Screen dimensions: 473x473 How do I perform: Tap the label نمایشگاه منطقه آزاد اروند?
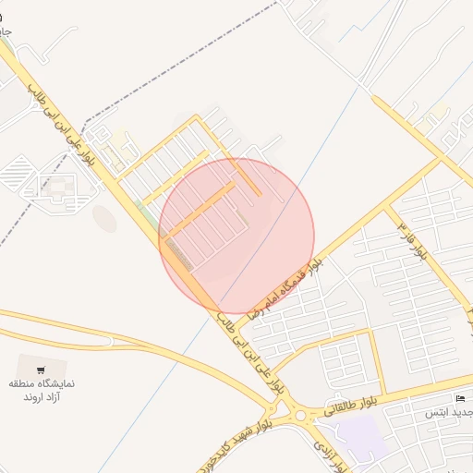(x=42, y=389)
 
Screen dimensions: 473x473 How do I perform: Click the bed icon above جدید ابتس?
(x=460, y=398)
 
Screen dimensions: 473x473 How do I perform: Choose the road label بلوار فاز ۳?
(x=412, y=239)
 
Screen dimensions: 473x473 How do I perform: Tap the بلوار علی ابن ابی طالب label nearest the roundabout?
(x=248, y=357)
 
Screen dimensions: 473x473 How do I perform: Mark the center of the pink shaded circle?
(x=236, y=236)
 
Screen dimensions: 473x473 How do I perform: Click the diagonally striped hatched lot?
(x=18, y=171)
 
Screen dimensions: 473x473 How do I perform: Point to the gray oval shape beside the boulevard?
(x=104, y=219)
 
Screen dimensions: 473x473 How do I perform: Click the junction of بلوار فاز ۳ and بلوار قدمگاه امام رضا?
(x=439, y=159)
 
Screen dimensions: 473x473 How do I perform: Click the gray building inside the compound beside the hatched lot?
(x=57, y=186)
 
